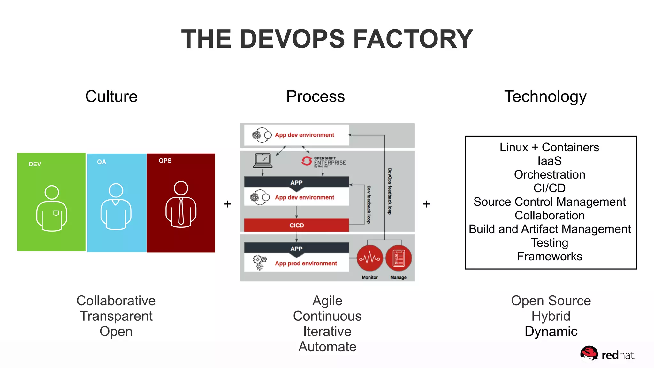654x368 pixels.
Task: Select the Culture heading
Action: pos(111,96)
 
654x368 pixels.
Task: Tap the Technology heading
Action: pos(545,96)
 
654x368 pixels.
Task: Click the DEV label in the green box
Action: pos(35,164)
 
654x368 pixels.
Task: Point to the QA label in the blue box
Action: pos(102,162)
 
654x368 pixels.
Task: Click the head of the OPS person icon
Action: pos(181,188)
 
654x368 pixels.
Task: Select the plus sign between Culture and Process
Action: pos(227,204)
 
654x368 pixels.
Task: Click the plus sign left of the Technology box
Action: pos(426,204)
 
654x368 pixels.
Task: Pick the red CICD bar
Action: pos(296,225)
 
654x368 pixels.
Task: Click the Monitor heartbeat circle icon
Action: pos(370,258)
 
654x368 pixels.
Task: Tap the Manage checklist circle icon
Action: pos(398,258)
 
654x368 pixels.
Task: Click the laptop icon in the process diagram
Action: pos(262,161)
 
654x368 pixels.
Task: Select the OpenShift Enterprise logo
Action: pos(323,162)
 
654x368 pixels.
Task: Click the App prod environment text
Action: pos(306,264)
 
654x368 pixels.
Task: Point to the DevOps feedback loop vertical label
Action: pos(390,191)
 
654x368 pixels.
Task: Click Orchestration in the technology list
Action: pos(550,175)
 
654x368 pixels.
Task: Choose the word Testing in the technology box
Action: pos(550,243)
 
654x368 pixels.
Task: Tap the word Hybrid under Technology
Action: pos(551,316)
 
